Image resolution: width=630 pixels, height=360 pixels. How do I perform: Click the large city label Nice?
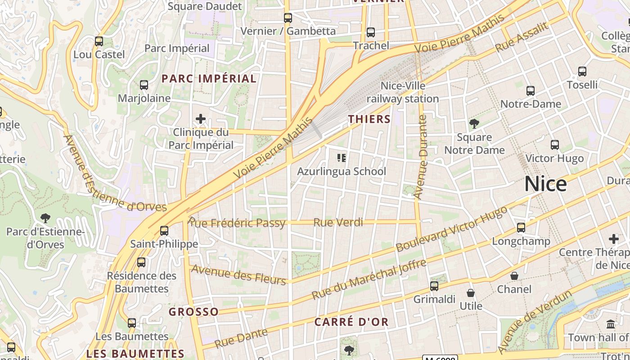545,184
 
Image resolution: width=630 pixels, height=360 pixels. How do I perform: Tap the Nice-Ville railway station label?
403,92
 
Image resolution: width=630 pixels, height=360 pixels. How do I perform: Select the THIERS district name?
369,119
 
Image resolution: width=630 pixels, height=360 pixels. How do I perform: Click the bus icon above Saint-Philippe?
164,231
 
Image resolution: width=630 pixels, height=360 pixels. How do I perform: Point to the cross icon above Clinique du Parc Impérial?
201,119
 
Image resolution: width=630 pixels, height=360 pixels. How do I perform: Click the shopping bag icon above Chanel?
514,276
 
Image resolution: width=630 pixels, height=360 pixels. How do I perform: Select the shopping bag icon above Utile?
471,293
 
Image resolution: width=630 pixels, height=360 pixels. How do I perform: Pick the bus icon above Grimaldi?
434,286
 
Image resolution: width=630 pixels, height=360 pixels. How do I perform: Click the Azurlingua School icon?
342,158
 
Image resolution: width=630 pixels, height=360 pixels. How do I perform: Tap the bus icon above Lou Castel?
99,41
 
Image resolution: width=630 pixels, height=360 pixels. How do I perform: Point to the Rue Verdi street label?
338,222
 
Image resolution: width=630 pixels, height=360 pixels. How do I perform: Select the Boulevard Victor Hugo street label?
451,229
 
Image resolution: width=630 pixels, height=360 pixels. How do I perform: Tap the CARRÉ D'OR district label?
351,322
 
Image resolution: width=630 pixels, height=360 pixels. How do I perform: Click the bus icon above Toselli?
582,72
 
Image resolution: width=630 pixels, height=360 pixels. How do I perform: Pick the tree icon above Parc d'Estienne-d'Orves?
45,218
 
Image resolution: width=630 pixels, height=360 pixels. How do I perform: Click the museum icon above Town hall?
611,324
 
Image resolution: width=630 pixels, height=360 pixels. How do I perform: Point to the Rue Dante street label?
241,338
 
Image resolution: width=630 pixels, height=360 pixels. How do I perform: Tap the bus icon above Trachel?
371,32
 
